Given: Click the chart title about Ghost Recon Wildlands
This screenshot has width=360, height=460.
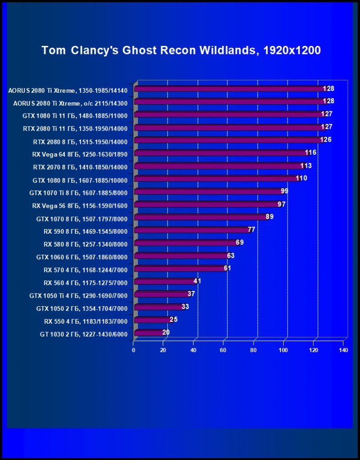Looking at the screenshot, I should [x=181, y=50].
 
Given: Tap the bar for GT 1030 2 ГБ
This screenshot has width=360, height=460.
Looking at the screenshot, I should [x=149, y=333].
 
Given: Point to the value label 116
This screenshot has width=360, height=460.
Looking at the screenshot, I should [x=311, y=152].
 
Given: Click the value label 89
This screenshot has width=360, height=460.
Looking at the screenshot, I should [x=270, y=217].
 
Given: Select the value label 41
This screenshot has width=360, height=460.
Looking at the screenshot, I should [x=198, y=281].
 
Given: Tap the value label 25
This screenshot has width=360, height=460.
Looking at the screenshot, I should [x=173, y=320].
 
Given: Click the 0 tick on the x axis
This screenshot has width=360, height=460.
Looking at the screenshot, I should [x=134, y=350].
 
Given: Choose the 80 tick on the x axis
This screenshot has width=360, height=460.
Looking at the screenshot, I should [x=253, y=350].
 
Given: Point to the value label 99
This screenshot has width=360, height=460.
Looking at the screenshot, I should [x=285, y=191].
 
